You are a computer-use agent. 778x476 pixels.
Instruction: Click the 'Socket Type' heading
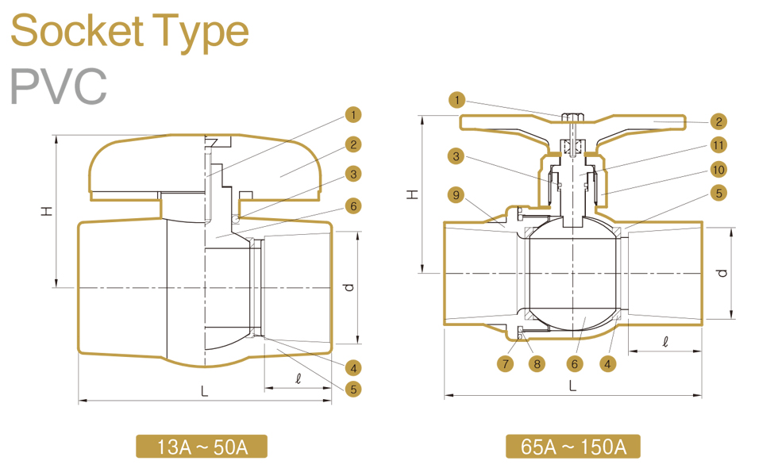129,32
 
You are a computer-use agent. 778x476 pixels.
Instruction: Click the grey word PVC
58,86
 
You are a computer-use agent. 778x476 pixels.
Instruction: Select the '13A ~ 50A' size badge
202,447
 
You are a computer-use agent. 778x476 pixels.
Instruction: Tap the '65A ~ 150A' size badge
572,447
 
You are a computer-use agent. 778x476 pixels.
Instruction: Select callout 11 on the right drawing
718,145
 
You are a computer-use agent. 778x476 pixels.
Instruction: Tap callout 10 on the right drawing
718,169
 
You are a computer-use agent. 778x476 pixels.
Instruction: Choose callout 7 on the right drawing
506,363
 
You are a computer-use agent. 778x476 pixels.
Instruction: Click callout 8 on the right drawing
537,363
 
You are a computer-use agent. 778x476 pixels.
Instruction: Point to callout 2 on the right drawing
718,121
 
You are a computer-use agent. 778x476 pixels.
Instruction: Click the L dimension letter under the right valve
572,386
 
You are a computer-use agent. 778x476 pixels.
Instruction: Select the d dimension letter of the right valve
721,273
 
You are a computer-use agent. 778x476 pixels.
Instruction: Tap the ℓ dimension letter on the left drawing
298,378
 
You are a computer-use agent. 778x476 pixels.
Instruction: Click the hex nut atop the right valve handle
571,118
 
